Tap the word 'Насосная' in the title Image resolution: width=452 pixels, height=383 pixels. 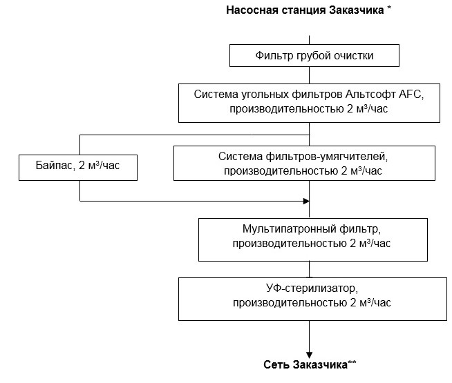[x=250, y=10]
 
